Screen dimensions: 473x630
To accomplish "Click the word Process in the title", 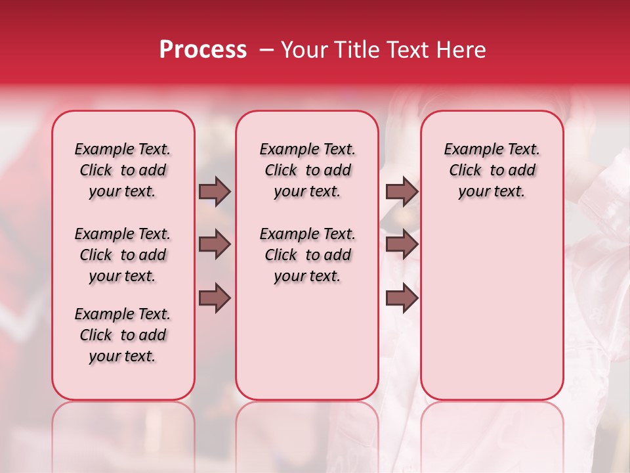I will (203, 50).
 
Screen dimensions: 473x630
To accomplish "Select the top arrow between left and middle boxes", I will (215, 191).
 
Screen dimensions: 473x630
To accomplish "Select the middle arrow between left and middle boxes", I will (215, 245).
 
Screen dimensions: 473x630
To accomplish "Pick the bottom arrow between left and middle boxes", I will (215, 298).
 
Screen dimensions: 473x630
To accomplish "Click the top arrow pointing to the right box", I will (402, 191).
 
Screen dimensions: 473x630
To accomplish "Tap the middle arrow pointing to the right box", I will (402, 245).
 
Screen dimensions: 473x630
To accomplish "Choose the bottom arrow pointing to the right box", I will (402, 298).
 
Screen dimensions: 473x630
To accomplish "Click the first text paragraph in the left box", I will (123, 170).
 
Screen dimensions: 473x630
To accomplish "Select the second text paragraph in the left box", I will (123, 255).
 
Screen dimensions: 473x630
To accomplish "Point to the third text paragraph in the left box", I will (123, 335).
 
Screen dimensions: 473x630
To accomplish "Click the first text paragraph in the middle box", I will (307, 170).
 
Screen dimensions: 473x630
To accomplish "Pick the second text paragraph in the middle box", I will (307, 255).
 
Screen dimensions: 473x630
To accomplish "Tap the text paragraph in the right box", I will (492, 170).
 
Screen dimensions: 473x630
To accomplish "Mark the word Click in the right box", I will (465, 171).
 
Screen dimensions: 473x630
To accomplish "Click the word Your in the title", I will (300, 50).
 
